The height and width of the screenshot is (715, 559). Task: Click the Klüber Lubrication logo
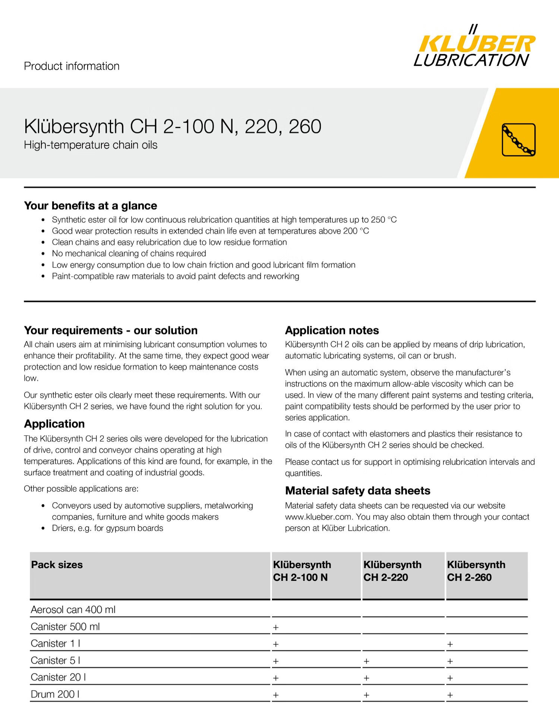tap(474, 47)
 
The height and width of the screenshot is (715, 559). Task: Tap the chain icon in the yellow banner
tap(518, 140)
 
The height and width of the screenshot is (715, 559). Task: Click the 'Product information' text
tap(72, 66)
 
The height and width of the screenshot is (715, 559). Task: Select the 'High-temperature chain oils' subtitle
tap(91, 145)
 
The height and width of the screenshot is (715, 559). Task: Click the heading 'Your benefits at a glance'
tap(91, 206)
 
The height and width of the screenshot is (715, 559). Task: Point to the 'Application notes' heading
tap(332, 330)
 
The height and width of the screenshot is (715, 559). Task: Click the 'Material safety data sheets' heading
tap(357, 490)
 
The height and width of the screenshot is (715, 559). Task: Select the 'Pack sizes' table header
tap(57, 565)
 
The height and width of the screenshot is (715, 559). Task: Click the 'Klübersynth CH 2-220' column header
tap(392, 571)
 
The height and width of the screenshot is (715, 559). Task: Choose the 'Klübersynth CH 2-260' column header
tap(476, 571)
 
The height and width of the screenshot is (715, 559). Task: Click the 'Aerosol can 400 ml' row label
tap(73, 610)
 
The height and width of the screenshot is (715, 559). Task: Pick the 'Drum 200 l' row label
tap(55, 694)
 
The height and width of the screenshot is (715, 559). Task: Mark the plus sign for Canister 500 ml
tap(276, 627)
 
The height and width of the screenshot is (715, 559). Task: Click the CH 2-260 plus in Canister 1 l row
tap(450, 644)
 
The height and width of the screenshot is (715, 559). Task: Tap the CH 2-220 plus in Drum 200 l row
tap(366, 695)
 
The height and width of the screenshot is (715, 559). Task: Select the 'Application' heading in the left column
tap(54, 424)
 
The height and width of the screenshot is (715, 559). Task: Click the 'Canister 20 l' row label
tap(59, 677)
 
